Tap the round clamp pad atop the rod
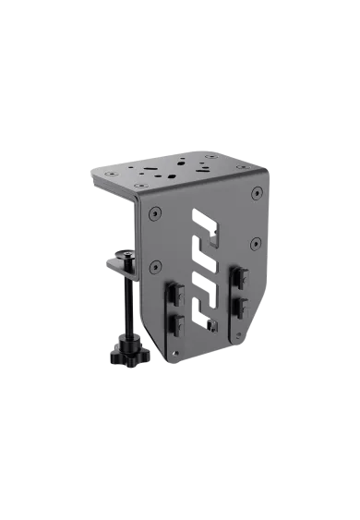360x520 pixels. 126,251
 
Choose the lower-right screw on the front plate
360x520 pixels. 254,246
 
